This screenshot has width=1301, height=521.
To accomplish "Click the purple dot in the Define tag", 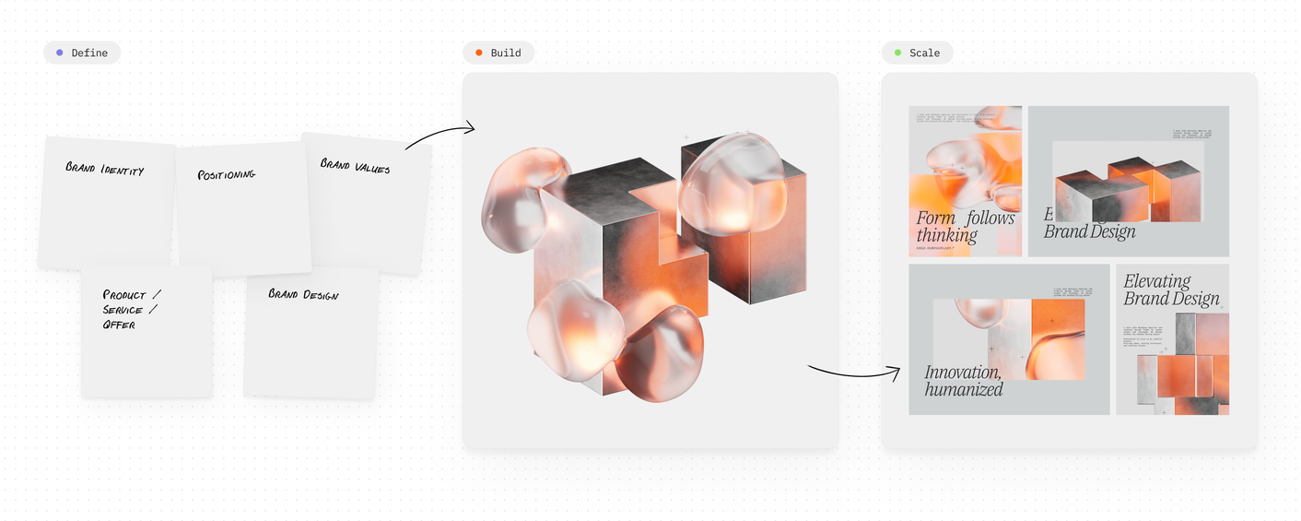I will coord(60,53).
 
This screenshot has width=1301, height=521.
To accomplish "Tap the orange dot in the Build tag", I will coord(478,53).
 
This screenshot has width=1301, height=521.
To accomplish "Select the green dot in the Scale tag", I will coord(897,53).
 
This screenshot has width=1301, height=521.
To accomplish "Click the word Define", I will coord(89,53).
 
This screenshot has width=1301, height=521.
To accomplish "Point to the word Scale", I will coord(924,53).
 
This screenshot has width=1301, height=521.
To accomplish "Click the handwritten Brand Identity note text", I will coord(104,169).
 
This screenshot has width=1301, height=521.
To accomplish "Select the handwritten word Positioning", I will coord(226,174).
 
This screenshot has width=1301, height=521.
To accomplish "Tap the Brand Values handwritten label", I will coord(355,166).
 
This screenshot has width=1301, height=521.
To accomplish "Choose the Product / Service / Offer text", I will coord(131,310).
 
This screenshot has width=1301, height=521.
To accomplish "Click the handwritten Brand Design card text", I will coord(303,294).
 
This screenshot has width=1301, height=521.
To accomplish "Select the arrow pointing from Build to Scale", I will coord(853,373).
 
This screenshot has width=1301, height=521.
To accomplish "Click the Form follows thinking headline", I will coord(964,227).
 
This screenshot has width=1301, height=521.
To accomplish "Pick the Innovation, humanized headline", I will coord(964,380).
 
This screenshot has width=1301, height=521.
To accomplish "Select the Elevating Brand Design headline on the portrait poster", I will coord(1171,290).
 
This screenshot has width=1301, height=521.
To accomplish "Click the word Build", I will coord(505,53).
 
